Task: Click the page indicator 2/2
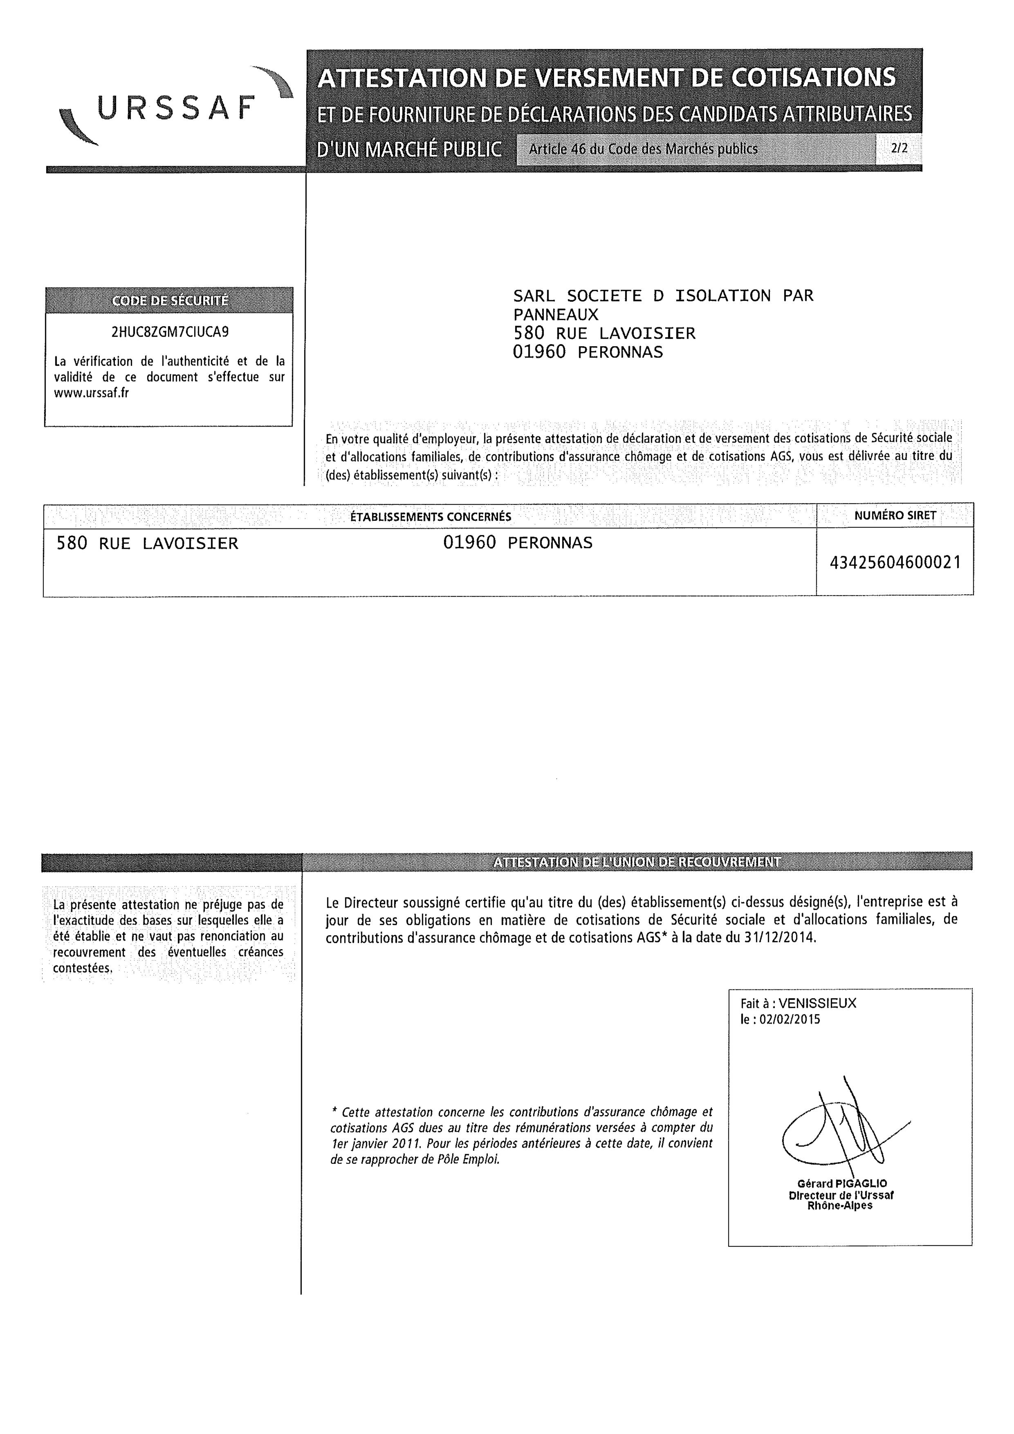tap(900, 149)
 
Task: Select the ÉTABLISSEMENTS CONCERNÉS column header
tap(431, 517)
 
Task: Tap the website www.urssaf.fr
tap(92, 394)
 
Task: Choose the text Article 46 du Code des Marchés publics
tap(643, 149)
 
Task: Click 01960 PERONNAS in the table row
tap(518, 543)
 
